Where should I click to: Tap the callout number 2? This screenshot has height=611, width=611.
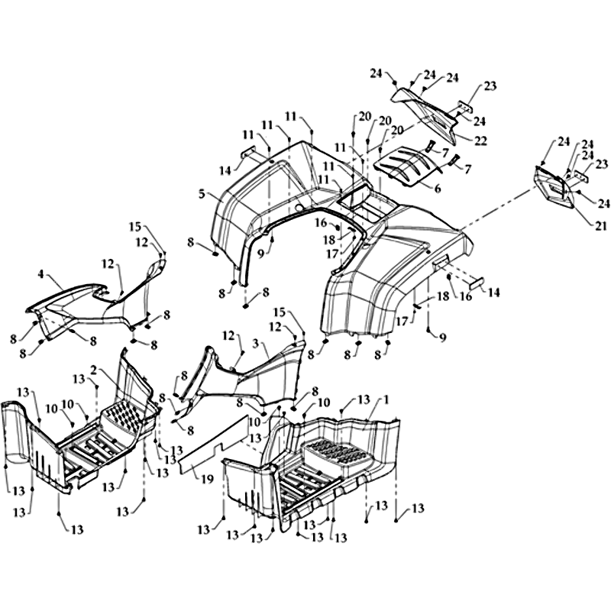point(93,370)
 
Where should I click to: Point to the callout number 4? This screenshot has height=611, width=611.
point(40,273)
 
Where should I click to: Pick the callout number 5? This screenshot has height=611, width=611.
point(202,194)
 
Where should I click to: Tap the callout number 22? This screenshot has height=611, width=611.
point(481,140)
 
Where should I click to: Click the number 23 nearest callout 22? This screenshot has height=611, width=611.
point(490,86)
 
